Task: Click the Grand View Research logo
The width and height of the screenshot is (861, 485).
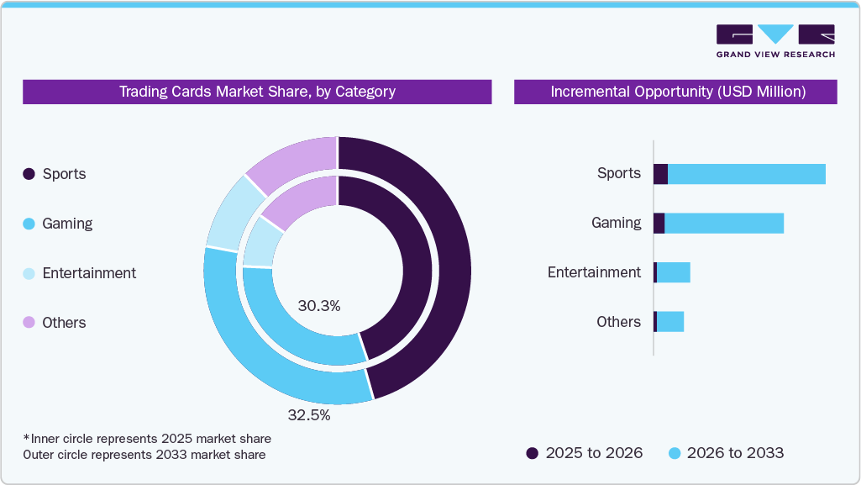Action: tap(775, 41)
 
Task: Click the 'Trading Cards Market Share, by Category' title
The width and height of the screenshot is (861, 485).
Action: tap(257, 92)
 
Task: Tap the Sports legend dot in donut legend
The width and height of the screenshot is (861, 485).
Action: tap(29, 174)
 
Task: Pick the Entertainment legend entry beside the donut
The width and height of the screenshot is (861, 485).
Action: tap(79, 273)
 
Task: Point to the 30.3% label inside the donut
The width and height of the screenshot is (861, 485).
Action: tap(319, 306)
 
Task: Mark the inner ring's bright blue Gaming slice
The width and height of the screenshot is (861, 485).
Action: tap(294, 336)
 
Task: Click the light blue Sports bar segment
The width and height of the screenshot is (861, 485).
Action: tap(746, 174)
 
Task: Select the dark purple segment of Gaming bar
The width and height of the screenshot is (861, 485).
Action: tap(659, 223)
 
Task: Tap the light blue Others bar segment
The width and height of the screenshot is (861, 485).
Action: tap(670, 322)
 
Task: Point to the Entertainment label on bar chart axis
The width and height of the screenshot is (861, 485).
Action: tap(594, 272)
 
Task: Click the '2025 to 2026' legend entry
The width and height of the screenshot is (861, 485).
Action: tap(585, 453)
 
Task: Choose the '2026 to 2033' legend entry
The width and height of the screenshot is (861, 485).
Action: tap(726, 453)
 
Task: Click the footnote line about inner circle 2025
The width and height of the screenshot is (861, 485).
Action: tap(148, 439)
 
